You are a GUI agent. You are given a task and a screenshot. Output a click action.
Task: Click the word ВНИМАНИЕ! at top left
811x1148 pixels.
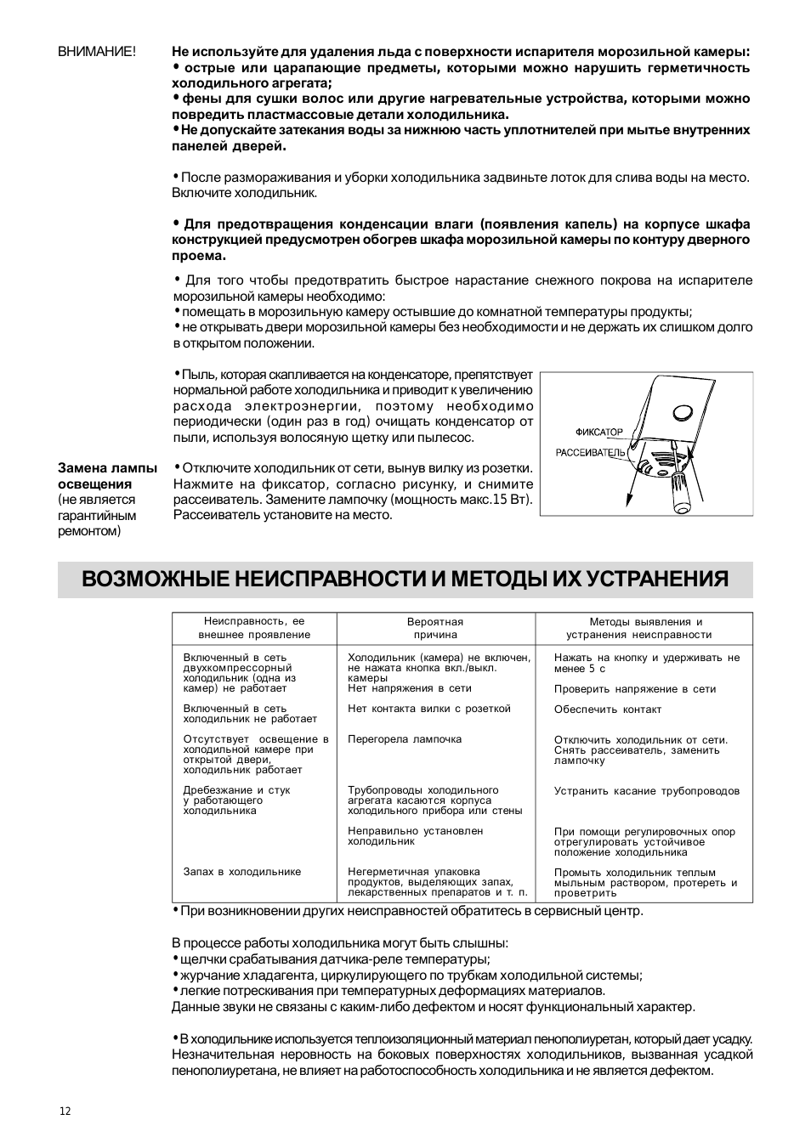(96, 52)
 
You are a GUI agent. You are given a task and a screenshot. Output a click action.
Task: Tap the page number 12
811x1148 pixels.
(65, 1111)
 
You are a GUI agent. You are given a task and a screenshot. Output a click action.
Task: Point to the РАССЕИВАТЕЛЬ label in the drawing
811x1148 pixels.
(590, 453)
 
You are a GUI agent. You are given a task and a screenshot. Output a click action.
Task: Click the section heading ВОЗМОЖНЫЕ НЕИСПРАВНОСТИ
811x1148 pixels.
(405, 580)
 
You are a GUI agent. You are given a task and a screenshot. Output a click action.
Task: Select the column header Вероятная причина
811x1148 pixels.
(435, 629)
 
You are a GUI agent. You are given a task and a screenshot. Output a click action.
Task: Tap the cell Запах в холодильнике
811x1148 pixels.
(242, 872)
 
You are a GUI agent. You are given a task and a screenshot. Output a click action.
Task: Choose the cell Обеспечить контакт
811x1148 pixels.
(608, 710)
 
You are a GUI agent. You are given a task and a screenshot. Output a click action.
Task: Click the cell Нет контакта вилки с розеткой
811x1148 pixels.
(429, 709)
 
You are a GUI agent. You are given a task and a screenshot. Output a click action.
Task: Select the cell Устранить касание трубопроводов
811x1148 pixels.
(647, 791)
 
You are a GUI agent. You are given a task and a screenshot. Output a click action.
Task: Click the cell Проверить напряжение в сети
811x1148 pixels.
(635, 689)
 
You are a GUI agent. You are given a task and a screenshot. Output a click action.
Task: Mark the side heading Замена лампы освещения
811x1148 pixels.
(107, 476)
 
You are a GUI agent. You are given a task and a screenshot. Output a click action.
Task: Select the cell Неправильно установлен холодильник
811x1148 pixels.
(416, 836)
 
